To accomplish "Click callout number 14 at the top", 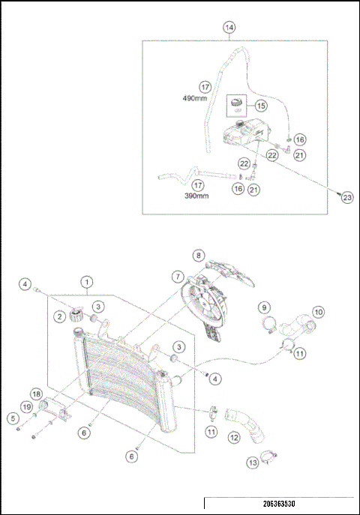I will click(x=229, y=28).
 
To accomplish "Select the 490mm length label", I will click(x=194, y=97).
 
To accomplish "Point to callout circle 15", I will click(x=261, y=106).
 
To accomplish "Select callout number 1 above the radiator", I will click(x=87, y=282).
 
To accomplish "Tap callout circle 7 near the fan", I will click(x=178, y=277).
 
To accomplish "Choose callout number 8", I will click(x=198, y=256).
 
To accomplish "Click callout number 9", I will click(x=263, y=307).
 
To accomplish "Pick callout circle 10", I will click(x=318, y=310).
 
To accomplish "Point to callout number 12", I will click(x=233, y=437).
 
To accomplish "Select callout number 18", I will click(x=35, y=394).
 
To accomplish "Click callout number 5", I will click(x=13, y=418).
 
